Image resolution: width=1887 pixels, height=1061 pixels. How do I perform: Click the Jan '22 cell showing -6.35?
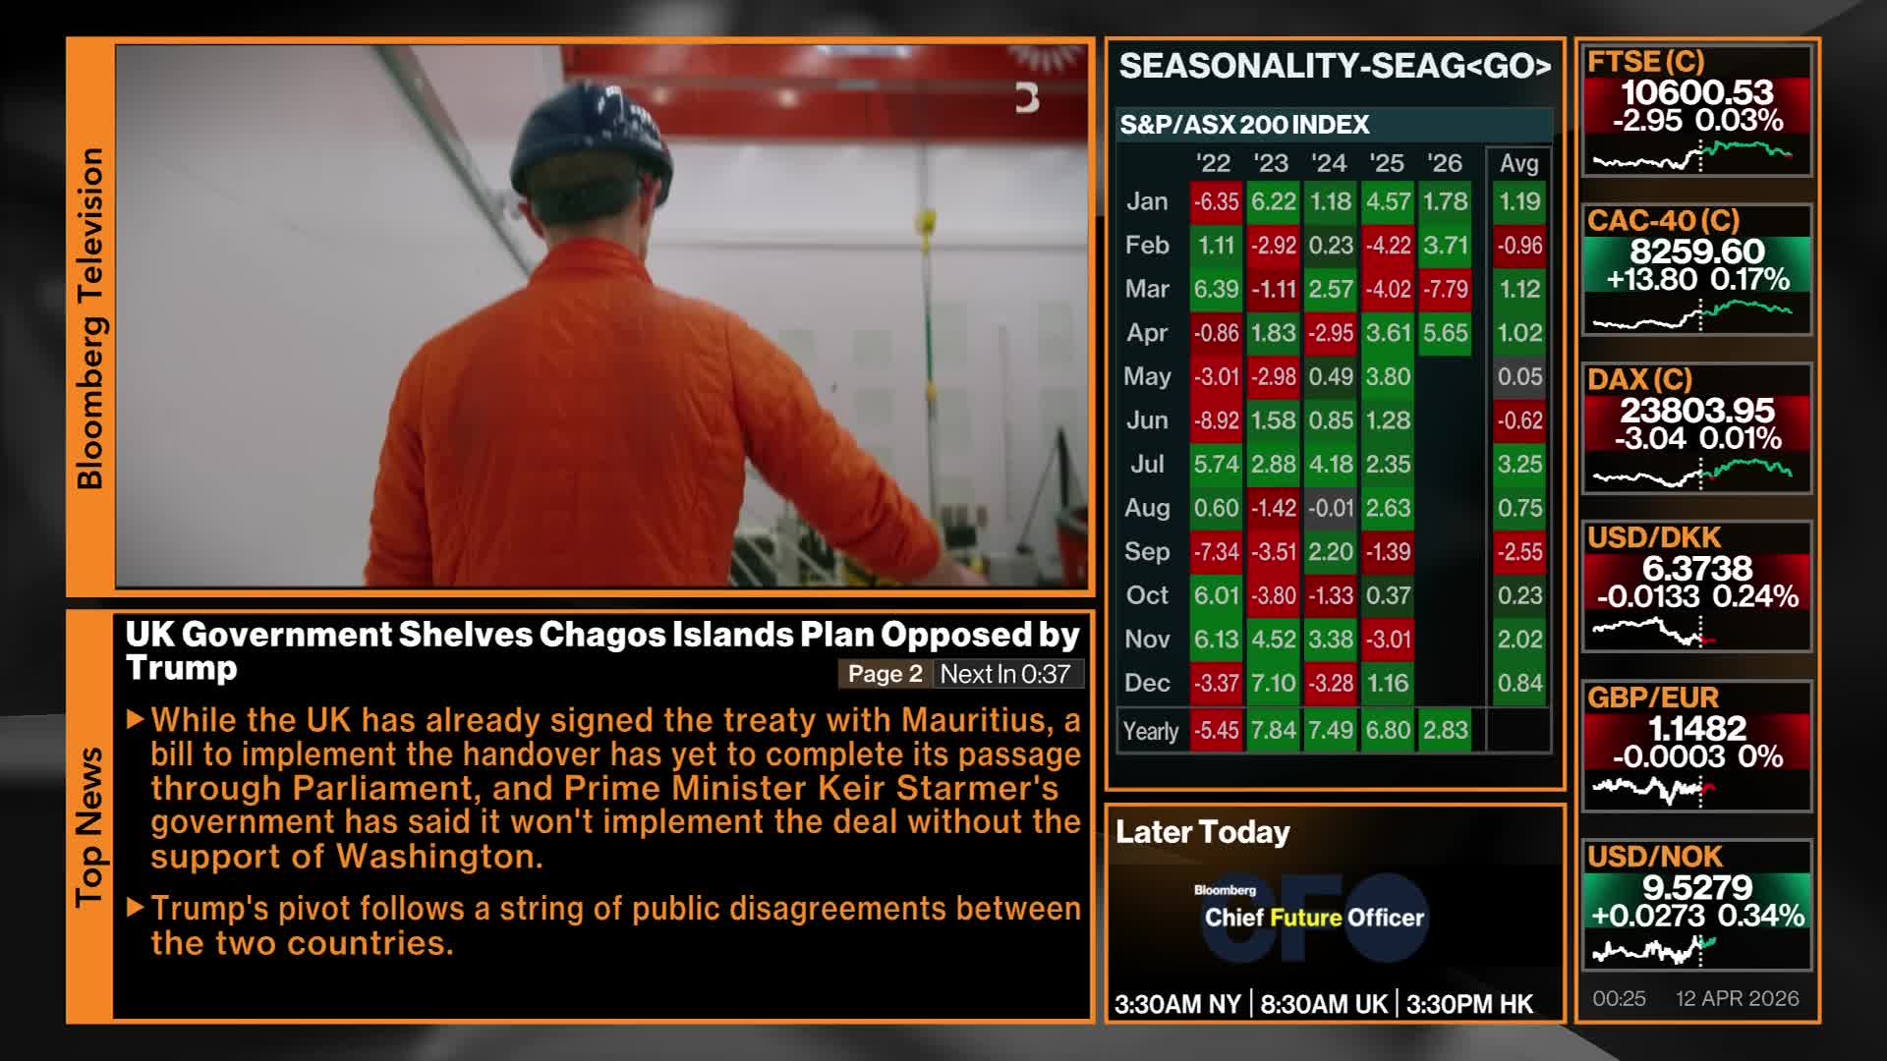point(1216,201)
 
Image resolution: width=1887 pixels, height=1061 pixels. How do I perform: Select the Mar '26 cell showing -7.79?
point(1445,289)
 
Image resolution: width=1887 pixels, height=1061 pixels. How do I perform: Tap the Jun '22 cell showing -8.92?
point(1216,420)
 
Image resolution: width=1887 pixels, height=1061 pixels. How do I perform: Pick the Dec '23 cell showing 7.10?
point(1273,683)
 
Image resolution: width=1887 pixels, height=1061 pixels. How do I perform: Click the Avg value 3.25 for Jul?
point(1519,464)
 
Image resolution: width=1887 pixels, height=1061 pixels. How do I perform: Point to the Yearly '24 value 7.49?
point(1331,731)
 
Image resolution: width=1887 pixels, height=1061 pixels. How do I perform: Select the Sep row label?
point(1147,551)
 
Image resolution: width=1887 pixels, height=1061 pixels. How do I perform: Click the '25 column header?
point(1387,163)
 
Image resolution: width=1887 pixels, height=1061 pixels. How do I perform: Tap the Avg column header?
point(1519,164)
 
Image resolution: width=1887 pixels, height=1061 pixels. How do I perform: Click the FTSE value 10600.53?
point(1697,92)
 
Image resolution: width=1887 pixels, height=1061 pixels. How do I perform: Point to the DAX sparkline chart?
point(1691,473)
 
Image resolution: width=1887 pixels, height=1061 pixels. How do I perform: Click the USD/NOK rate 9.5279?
point(1697,887)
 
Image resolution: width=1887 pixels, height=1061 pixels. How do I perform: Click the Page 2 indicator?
point(885,674)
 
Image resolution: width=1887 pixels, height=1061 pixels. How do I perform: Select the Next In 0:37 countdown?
point(1004,674)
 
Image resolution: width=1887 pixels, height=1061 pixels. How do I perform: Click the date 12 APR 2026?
point(1738,998)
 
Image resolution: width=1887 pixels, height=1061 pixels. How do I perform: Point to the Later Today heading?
point(1203,833)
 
